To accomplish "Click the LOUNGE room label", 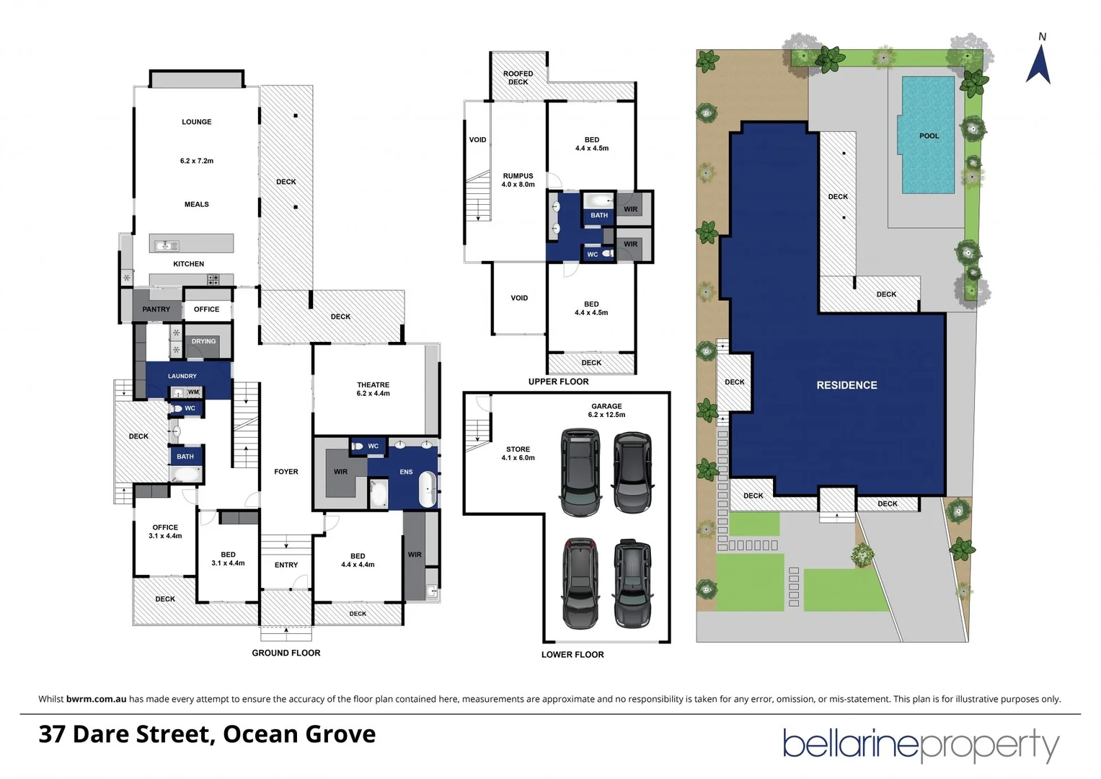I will pyautogui.click(x=196, y=122).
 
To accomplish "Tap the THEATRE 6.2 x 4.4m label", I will pyautogui.click(x=373, y=389).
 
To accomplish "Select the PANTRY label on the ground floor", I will pyautogui.click(x=156, y=309).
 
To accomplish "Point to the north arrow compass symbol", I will pyautogui.click(x=1038, y=61).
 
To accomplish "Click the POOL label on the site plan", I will pyautogui.click(x=929, y=136).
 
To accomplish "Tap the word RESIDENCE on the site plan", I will pyautogui.click(x=846, y=385).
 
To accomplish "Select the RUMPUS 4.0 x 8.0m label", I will pyautogui.click(x=518, y=180).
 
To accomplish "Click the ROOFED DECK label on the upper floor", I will pyautogui.click(x=518, y=78).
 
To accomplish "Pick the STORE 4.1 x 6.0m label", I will pyautogui.click(x=518, y=453).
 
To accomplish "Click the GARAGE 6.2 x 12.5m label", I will pyautogui.click(x=606, y=410).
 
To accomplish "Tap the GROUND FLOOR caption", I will pyautogui.click(x=286, y=653).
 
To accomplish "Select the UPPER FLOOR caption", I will pyautogui.click(x=558, y=382).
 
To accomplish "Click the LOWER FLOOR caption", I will pyautogui.click(x=572, y=654).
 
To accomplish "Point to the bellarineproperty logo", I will pyautogui.click(x=921, y=744).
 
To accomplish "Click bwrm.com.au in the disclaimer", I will pyautogui.click(x=96, y=699).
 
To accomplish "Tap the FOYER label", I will pyautogui.click(x=286, y=472).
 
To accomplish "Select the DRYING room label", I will pyautogui.click(x=203, y=341).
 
